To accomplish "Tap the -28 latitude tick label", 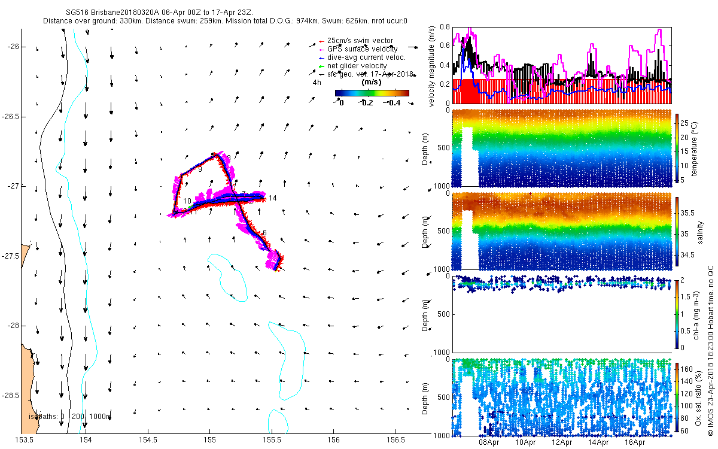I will point(13,326).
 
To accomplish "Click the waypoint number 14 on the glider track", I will point(273,198).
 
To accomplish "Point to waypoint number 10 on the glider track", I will point(187,201).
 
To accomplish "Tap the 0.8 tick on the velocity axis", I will point(444,28).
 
